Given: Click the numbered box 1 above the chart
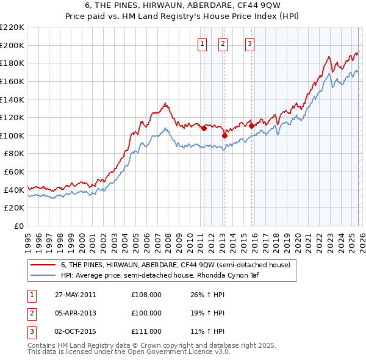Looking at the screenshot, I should [x=201, y=43].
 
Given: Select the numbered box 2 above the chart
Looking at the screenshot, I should [x=223, y=43].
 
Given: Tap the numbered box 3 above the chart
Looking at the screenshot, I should [x=249, y=43].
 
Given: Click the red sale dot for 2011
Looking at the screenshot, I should [x=204, y=129].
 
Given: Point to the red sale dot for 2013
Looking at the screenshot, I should [x=224, y=135].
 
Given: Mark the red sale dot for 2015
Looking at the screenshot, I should [x=251, y=126].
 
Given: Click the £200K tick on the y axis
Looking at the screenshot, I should [x=12, y=45].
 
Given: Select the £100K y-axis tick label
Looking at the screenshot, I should [x=12, y=135].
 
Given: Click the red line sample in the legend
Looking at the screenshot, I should [x=43, y=265].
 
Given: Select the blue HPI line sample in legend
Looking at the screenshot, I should [x=43, y=275].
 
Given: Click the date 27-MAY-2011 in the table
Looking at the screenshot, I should [x=75, y=295].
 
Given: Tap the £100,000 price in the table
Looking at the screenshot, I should [x=146, y=313].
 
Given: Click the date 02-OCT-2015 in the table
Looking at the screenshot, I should [x=75, y=331].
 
